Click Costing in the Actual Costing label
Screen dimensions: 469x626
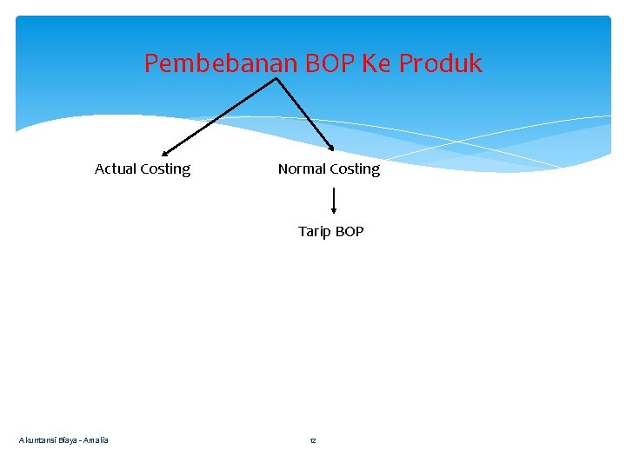[x=165, y=169]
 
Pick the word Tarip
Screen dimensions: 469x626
[x=313, y=232]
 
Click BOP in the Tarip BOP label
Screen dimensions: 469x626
[x=349, y=232]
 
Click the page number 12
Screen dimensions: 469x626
[x=313, y=441]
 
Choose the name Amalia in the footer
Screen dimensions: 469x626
[x=96, y=441]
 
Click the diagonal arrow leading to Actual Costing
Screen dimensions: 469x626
[x=220, y=116]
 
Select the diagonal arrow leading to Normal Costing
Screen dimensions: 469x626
[x=304, y=115]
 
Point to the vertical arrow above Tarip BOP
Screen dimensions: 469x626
[x=334, y=200]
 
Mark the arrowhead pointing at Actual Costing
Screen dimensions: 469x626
[x=165, y=153]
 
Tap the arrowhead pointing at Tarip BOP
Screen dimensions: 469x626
[x=334, y=211]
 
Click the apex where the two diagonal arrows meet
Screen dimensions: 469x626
[x=276, y=78]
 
